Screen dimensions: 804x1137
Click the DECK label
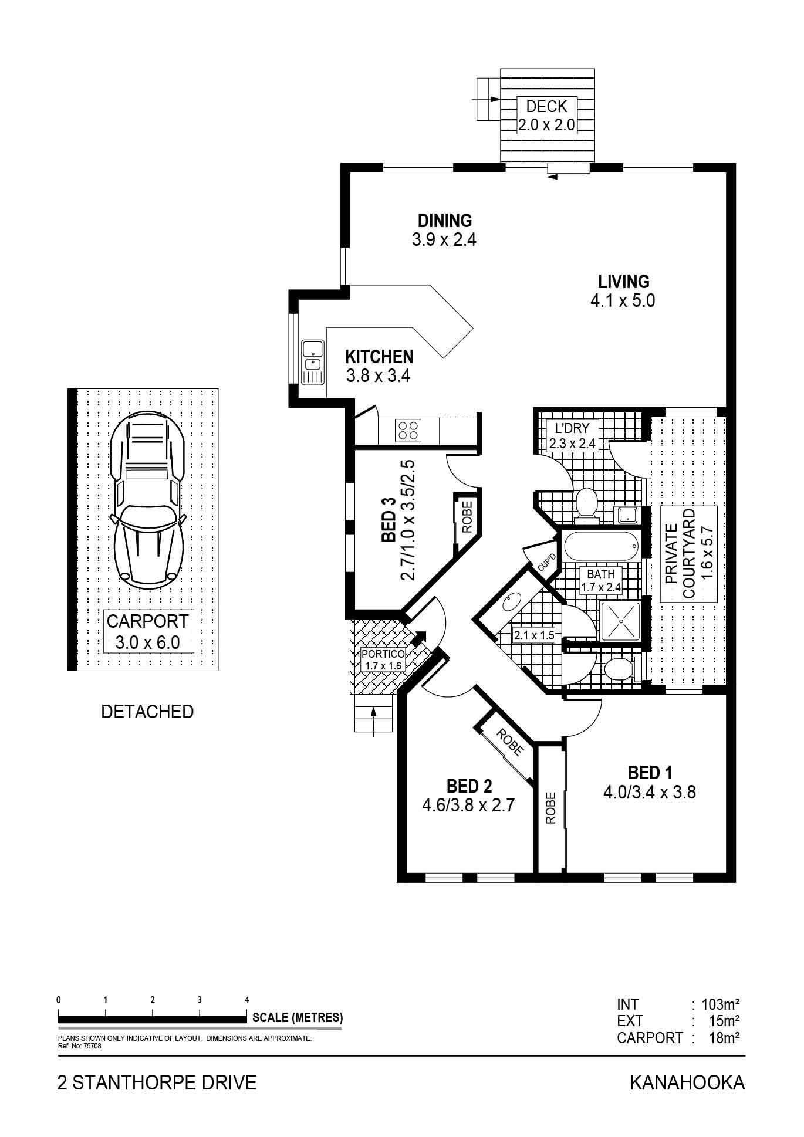coord(546,107)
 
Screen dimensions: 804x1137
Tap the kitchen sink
coord(313,362)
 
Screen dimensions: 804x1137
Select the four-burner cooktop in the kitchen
coord(408,430)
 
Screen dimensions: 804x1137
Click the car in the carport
coord(147,498)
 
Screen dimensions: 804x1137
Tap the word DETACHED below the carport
coord(147,712)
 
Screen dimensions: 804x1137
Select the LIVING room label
coord(623,281)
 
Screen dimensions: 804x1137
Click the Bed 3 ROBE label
coord(468,517)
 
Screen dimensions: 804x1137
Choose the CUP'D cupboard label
coord(546,563)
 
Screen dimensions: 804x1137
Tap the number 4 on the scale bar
coord(247,1000)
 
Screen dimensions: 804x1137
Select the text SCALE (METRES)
coord(298,1018)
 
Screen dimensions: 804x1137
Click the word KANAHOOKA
coord(687,1082)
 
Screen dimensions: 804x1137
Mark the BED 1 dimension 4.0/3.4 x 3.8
coord(649,793)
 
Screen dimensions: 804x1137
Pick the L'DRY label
coord(572,428)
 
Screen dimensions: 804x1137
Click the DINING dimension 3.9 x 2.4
coord(444,239)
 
